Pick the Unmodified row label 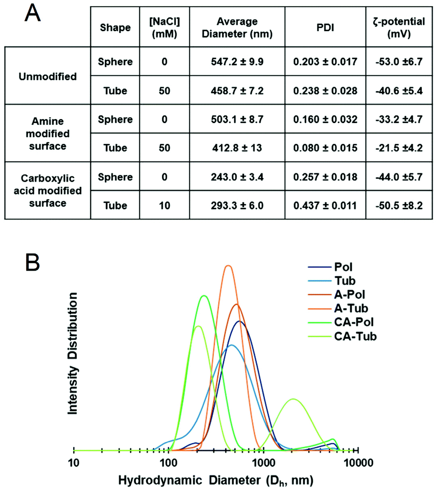pos(48,76)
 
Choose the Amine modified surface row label pos(48,134)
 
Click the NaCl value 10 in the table pos(164,205)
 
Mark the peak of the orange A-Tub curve pos(229,266)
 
